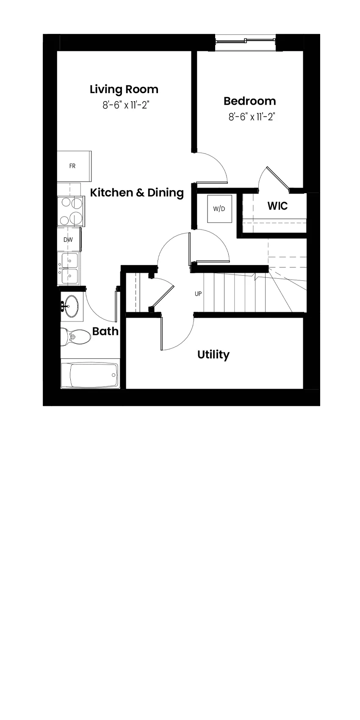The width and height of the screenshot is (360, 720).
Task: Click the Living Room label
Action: coord(124,90)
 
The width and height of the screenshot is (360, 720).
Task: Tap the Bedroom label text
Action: coord(250,101)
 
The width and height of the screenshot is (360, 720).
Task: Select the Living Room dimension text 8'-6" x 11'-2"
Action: coord(126,105)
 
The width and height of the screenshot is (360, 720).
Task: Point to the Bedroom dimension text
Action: coord(252,116)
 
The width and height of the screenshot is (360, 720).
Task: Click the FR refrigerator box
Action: coord(74,166)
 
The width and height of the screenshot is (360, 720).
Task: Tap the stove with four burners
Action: coord(71,211)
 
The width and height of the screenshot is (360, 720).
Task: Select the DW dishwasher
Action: coord(69,239)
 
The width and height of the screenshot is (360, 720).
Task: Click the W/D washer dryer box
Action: coord(219,209)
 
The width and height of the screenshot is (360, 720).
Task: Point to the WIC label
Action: coord(278,206)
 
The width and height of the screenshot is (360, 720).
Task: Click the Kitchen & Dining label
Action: coord(137,193)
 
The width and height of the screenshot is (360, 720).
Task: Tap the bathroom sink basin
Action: coord(71,306)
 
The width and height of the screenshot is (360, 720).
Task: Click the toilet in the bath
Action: coord(76,337)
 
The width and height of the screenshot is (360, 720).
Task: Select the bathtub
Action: coord(90,375)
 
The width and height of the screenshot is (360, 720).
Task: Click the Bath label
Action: coord(105,331)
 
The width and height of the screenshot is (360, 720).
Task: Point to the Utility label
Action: coord(213,355)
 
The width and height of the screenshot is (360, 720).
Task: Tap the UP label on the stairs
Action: coord(198,294)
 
